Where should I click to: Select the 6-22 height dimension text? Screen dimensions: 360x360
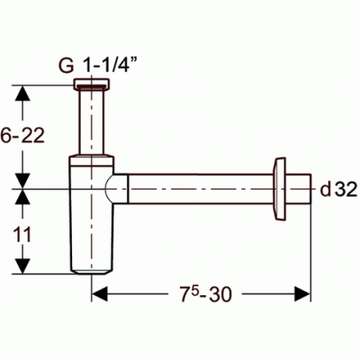[x=22, y=135]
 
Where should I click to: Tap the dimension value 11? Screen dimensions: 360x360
[x=22, y=235]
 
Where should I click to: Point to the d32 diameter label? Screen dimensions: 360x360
[x=338, y=190]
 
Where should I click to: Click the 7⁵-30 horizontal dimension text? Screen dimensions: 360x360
[x=206, y=293]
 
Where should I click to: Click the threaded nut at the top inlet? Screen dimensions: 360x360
[x=92, y=85]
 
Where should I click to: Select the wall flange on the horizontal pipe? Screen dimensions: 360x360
[x=279, y=189]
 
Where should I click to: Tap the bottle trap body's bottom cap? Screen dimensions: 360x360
[x=92, y=272]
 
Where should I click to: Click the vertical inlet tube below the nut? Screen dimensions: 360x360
[x=92, y=122]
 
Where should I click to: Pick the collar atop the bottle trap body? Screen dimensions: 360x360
[x=92, y=160]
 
